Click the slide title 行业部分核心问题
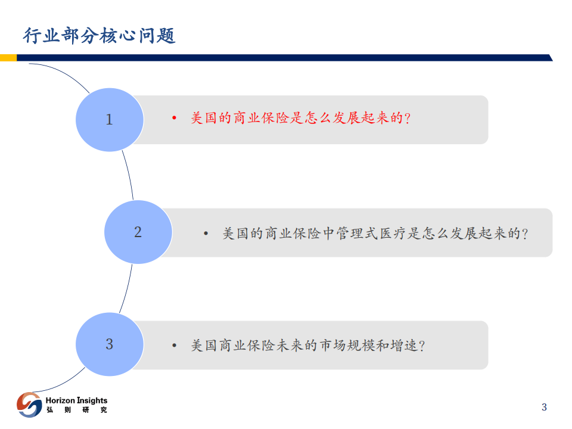99,36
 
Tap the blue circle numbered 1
110,119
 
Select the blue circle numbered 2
138,232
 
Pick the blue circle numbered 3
110,344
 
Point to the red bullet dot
174,119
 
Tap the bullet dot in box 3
174,346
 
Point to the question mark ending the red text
408,119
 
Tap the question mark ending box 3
422,346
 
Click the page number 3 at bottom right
544,408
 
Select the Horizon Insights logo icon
29,405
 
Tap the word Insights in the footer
92,400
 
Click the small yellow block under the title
8,58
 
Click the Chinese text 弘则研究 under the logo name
76,411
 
